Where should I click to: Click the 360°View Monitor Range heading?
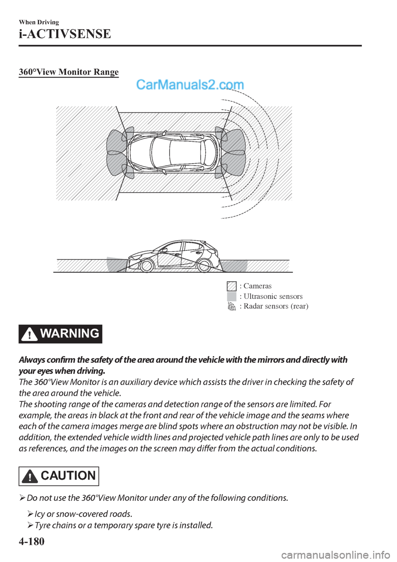[x=69, y=72]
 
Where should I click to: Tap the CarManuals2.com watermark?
[x=190, y=85]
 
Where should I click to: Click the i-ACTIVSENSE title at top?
[x=65, y=34]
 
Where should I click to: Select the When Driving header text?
[x=39, y=22]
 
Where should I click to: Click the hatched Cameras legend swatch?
[x=232, y=286]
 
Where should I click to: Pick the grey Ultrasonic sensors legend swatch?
[x=232, y=296]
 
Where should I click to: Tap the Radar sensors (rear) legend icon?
[x=232, y=307]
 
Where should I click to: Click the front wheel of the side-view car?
[x=146, y=265]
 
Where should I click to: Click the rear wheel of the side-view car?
[x=204, y=265]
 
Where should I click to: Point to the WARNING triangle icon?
[x=29, y=334]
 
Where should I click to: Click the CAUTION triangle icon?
[x=30, y=476]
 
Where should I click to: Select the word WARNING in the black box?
[x=70, y=333]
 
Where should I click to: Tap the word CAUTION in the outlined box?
[x=68, y=476]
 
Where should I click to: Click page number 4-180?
[x=31, y=541]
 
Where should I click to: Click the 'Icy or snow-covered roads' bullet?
[x=83, y=514]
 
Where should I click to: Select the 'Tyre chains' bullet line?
[x=123, y=525]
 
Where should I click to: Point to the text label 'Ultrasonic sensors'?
[x=273, y=296]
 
